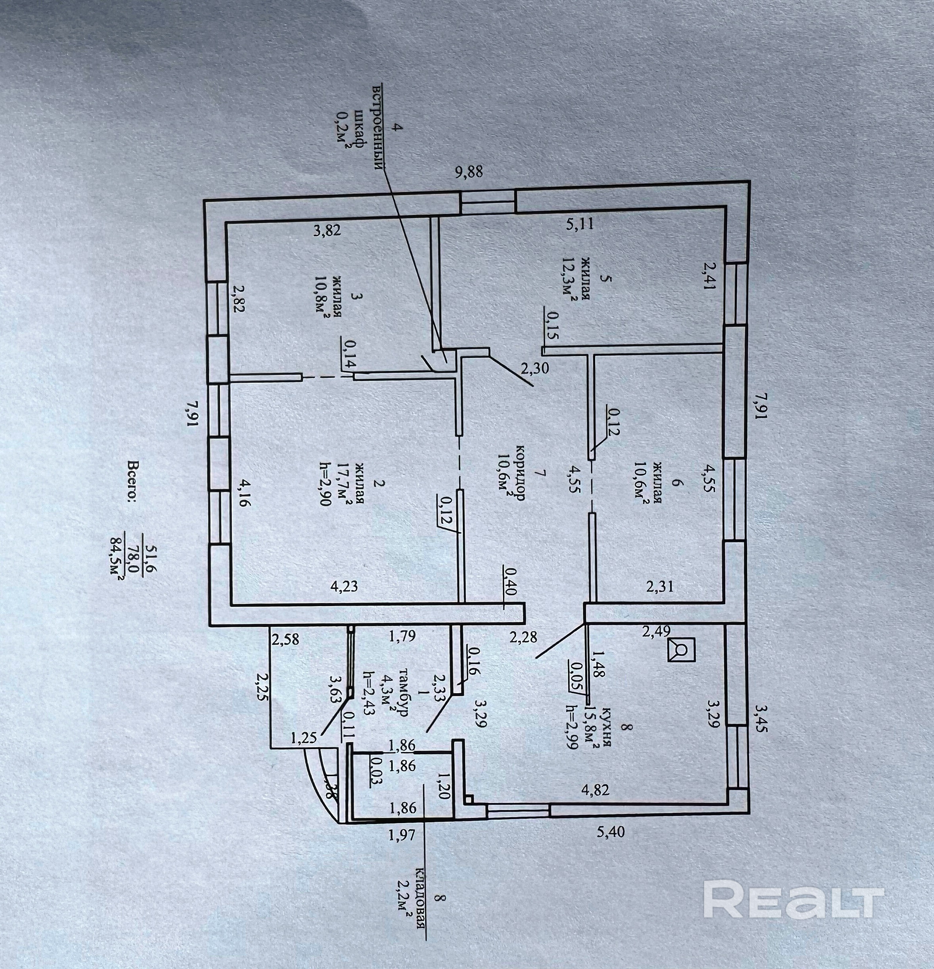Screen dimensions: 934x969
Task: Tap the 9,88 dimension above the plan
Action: coord(468,172)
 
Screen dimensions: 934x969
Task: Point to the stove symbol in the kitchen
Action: coord(682,649)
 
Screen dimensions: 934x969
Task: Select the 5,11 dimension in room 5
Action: coord(579,225)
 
